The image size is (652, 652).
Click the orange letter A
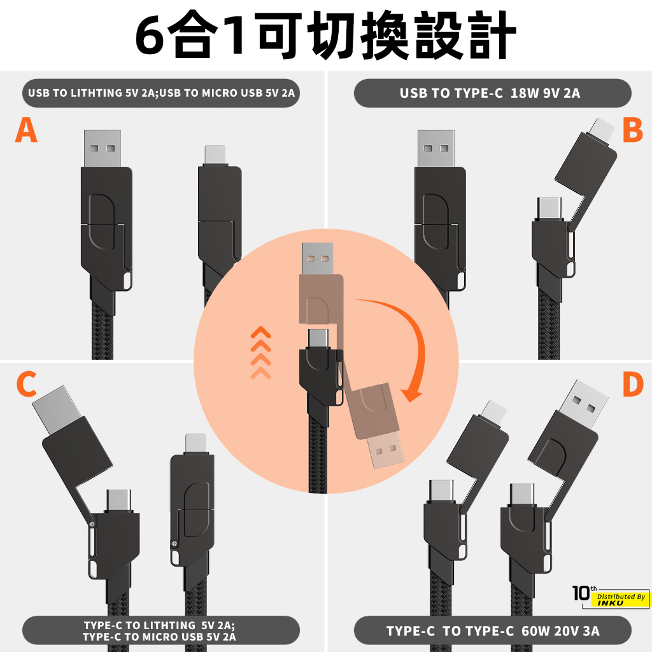[x=26, y=130]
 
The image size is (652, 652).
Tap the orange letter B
[x=632, y=130]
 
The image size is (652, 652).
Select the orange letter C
[x=27, y=384]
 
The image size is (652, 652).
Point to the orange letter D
[x=633, y=384]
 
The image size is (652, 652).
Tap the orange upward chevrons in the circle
[x=260, y=353]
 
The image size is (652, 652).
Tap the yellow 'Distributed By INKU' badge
[x=620, y=600]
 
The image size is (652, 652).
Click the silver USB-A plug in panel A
[x=103, y=148]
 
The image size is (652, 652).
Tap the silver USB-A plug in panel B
[x=436, y=148]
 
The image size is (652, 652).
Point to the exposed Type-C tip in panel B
[x=549, y=208]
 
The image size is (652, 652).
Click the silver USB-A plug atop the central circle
[x=318, y=259]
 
